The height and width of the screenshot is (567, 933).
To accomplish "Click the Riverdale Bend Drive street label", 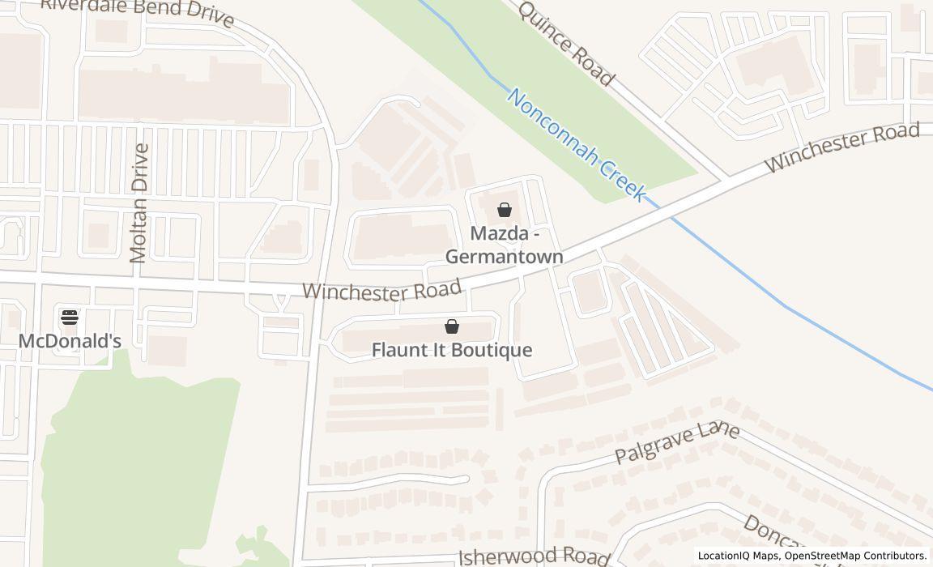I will [138, 11].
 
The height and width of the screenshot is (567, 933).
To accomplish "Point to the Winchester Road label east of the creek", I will [842, 147].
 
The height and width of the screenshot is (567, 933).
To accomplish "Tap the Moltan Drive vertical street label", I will [139, 203].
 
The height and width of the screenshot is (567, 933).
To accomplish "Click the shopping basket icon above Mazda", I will [505, 210].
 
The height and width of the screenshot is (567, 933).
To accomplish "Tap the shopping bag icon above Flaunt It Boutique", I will [452, 326].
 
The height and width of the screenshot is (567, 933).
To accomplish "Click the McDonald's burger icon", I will [70, 317].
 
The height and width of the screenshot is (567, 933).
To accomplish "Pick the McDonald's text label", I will [70, 341].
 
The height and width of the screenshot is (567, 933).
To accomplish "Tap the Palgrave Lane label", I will [677, 442].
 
